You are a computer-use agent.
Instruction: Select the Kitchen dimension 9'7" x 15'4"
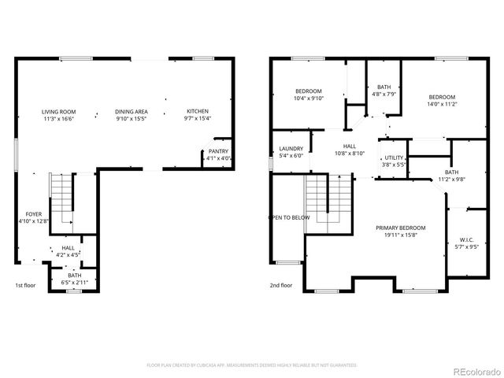coord(198,118)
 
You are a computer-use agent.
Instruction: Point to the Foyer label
coord(34,213)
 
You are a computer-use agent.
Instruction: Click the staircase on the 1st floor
coord(61,197)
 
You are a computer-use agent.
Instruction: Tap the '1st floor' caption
coord(26,285)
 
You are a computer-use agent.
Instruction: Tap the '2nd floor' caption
coord(281,285)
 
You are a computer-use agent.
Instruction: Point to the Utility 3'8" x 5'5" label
coord(394,161)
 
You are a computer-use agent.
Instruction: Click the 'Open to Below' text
coord(289,217)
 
